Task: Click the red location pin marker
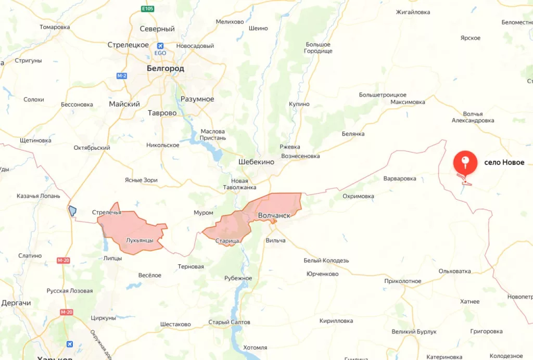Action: pos(465,162)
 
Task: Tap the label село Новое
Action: pos(504,162)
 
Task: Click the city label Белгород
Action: pos(165,68)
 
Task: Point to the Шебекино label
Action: pos(256,162)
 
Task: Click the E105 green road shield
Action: pos(148,9)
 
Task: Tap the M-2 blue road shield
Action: pos(122,76)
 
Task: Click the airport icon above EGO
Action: pos(160,45)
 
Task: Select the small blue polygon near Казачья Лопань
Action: pos(72,211)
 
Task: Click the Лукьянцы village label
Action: pos(139,240)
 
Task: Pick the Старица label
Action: pos(227,240)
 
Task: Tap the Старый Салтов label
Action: pos(229,322)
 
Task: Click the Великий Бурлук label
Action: pos(415,331)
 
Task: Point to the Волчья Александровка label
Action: pos(473,117)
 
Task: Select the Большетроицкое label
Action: pos(383,95)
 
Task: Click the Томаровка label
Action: pos(54,27)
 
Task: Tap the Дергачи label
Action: pos(16,303)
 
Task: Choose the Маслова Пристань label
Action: pos(213,134)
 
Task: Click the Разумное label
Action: pos(197,99)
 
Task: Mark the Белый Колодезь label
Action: pos(326,260)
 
